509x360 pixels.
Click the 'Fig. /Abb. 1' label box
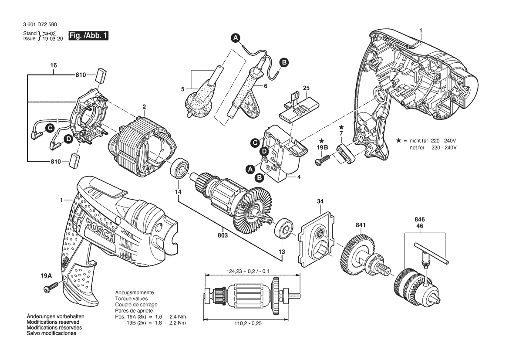pyautogui.click(x=88, y=36)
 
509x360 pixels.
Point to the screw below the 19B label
pyautogui.click(x=323, y=161)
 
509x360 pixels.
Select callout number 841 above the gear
pyautogui.click(x=361, y=225)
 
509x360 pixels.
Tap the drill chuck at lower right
pyautogui.click(x=414, y=288)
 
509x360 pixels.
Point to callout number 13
pyautogui.click(x=282, y=252)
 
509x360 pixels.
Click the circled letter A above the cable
pyautogui.click(x=235, y=38)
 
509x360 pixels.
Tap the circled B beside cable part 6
pyautogui.click(x=283, y=63)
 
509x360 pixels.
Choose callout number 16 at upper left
pyautogui.click(x=53, y=65)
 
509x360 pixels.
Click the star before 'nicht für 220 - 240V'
pyautogui.click(x=398, y=141)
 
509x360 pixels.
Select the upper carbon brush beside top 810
pyautogui.click(x=103, y=75)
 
